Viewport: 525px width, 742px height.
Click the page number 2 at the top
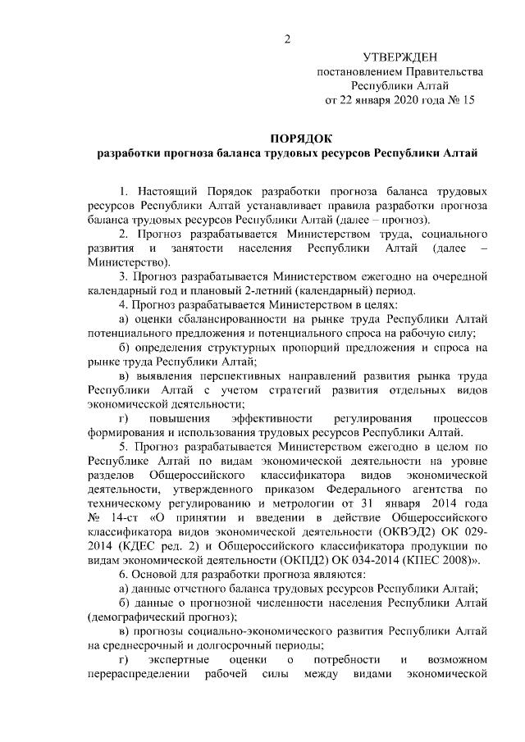point(287,39)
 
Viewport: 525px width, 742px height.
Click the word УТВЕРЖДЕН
point(400,57)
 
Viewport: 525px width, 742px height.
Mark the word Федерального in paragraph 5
point(398,489)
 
